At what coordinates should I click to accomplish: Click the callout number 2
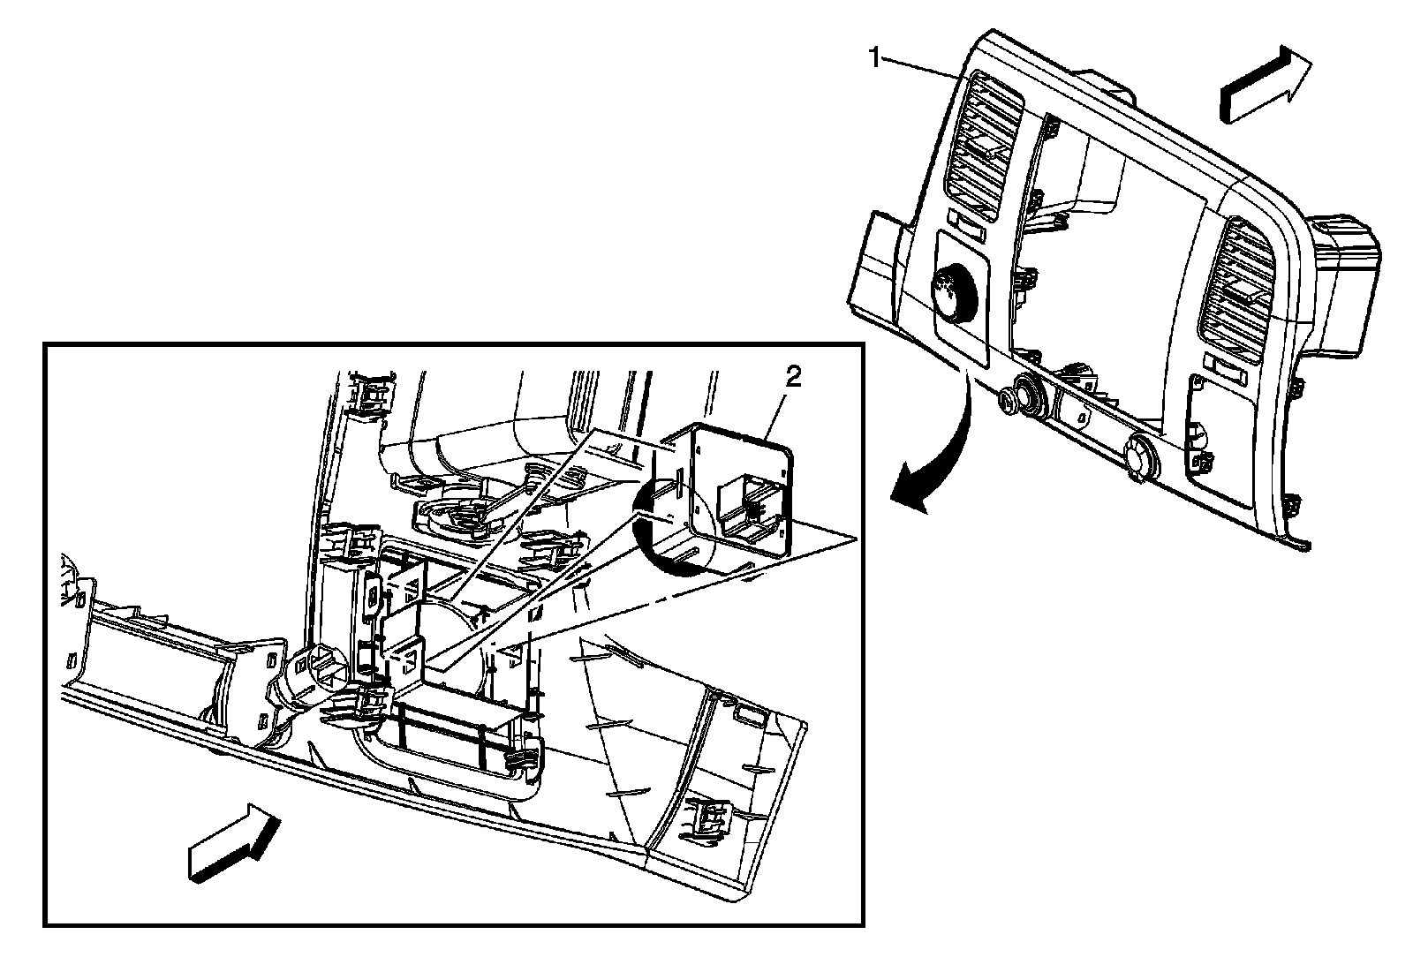pyautogui.click(x=793, y=378)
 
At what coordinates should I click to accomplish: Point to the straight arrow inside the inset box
pyautogui.click(x=234, y=841)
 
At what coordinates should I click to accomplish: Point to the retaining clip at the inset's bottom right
pyautogui.click(x=709, y=818)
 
